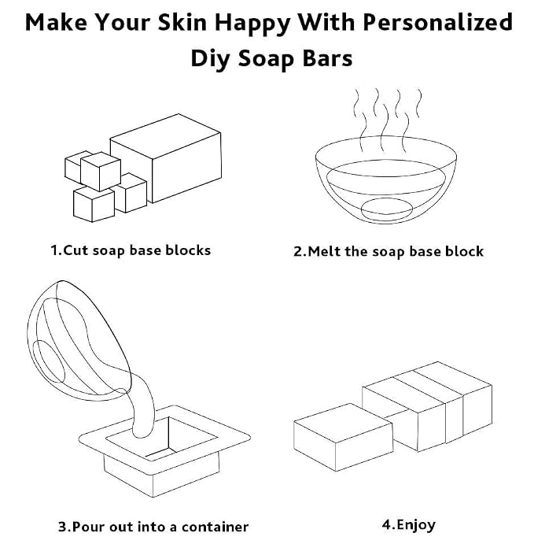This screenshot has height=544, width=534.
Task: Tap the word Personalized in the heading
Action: tap(438, 22)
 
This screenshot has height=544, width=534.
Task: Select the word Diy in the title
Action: tap(210, 59)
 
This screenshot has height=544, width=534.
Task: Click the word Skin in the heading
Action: tap(182, 22)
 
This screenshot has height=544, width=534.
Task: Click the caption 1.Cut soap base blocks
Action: tap(131, 250)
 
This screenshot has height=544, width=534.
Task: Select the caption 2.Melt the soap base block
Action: tap(389, 251)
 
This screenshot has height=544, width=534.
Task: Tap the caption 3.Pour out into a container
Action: tap(153, 527)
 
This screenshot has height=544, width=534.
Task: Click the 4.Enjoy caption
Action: tap(409, 526)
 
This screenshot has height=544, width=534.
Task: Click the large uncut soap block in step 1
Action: tap(166, 158)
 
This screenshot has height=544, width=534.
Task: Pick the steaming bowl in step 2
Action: tap(386, 179)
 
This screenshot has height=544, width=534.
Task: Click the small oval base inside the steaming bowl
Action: tap(387, 209)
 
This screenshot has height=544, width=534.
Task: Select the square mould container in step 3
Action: tap(164, 451)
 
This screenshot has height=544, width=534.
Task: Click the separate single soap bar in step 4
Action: tap(343, 437)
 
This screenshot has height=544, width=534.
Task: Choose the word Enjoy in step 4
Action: tap(416, 526)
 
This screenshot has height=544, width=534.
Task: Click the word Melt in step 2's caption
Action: tap(324, 251)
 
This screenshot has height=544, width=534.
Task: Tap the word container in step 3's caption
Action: tap(215, 527)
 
